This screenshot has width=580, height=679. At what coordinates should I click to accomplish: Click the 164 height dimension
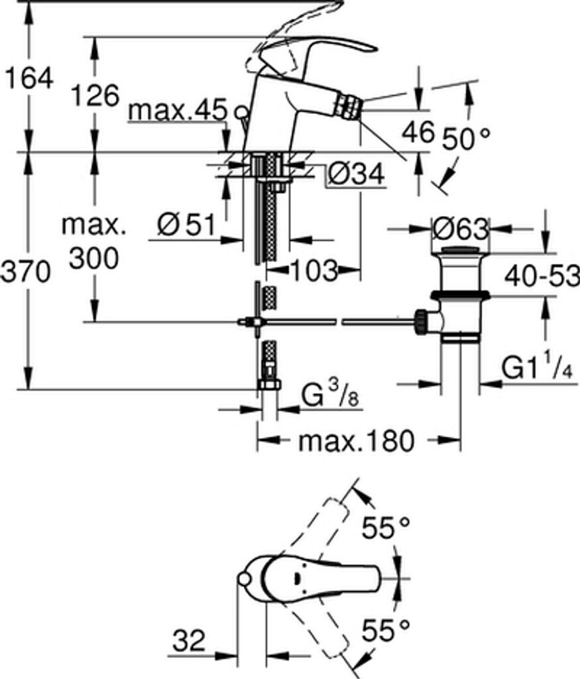[29, 78]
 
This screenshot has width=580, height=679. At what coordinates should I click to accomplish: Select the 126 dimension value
[95, 95]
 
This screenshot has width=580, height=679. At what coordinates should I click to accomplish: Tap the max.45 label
[178, 110]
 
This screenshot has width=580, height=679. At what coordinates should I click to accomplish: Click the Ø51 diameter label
[186, 225]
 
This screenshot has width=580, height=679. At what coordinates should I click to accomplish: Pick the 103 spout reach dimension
[314, 271]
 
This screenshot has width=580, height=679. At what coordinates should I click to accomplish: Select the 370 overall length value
[26, 273]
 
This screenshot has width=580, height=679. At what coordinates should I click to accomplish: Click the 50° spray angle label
[467, 139]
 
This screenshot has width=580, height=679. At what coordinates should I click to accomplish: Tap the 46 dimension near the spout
[418, 131]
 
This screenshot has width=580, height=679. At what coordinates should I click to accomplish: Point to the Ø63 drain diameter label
[460, 229]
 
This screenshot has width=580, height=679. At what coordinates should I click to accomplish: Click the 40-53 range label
[542, 276]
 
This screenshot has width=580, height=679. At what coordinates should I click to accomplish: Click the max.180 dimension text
[356, 441]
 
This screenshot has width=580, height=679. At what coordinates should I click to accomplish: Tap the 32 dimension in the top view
[189, 641]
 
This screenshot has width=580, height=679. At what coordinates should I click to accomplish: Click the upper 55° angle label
[386, 527]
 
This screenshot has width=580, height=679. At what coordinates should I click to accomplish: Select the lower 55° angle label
[386, 630]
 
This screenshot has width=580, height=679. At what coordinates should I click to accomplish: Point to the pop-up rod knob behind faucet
[241, 112]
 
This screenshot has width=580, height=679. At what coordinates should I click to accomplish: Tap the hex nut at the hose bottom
[269, 384]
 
